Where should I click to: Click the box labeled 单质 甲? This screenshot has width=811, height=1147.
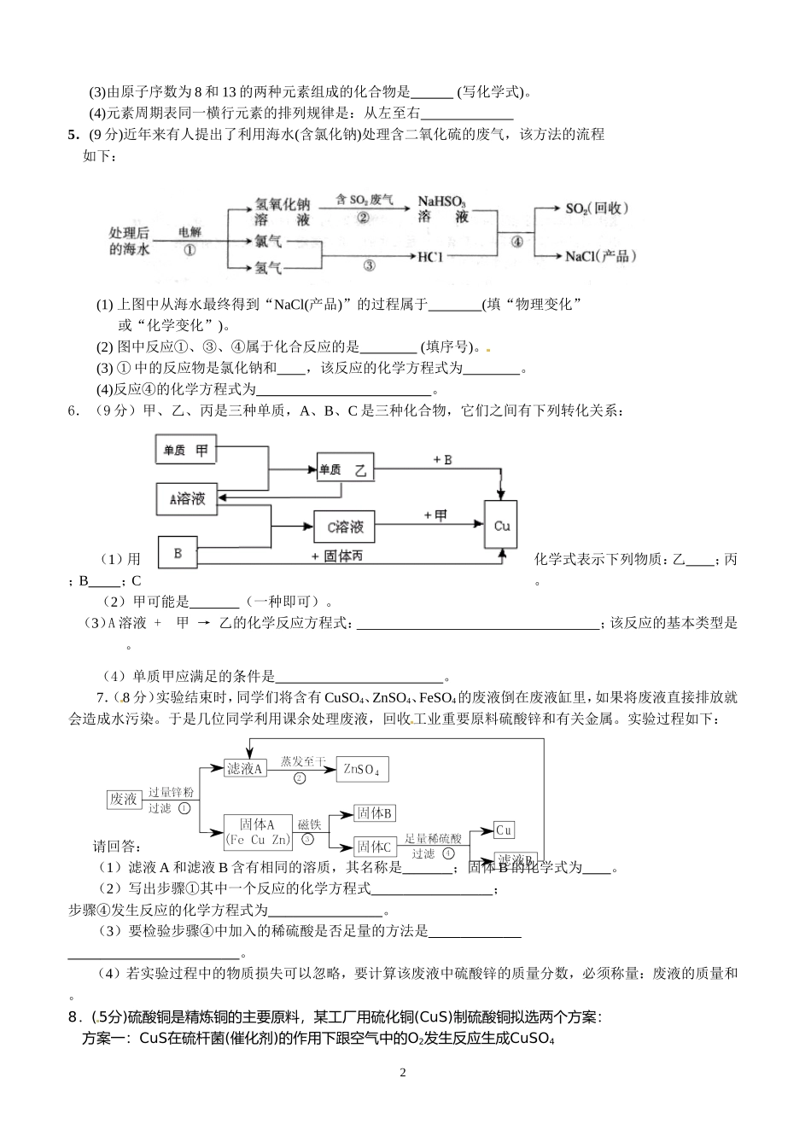click(185, 450)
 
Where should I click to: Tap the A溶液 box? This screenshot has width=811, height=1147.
click(187, 499)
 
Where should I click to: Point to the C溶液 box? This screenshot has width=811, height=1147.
click(344, 527)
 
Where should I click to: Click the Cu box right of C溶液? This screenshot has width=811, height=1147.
click(501, 527)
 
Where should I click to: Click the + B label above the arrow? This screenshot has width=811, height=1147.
click(441, 460)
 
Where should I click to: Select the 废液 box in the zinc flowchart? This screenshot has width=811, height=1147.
click(123, 799)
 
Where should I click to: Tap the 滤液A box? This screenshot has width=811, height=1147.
click(245, 768)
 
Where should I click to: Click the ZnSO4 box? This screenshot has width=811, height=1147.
click(361, 769)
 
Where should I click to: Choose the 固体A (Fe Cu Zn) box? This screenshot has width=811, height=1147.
click(257, 831)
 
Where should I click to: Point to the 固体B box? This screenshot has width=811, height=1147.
click(375, 813)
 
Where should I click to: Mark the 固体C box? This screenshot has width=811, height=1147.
click(375, 846)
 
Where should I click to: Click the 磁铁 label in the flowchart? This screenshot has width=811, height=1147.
click(309, 824)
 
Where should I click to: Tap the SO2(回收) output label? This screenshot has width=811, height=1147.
click(597, 208)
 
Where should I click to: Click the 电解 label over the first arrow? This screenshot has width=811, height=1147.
click(190, 231)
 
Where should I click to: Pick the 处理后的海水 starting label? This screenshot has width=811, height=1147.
click(130, 241)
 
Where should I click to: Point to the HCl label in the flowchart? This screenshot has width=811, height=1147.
click(431, 256)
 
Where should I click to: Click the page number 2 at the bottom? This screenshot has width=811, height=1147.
click(404, 1073)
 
